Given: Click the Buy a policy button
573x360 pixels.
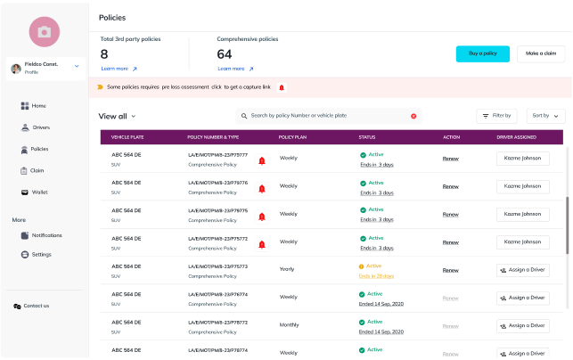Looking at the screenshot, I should coord(482,53).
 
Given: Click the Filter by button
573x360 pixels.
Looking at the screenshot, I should coord(496,116).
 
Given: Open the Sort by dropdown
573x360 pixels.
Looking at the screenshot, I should coord(545,116).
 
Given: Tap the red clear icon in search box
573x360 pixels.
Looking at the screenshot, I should coord(413,116).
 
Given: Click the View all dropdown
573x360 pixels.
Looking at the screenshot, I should coord(117,116).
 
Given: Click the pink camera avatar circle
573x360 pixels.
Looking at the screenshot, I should coord(44,31).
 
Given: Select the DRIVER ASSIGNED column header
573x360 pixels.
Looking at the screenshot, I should coord(517,137).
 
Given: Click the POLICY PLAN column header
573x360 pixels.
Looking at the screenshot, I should coord(294,137).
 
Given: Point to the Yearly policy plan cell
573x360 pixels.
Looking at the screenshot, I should coord(288,268).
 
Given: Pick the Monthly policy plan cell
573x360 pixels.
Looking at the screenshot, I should coord(290,324).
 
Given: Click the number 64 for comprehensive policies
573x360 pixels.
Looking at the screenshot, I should coord(225,54).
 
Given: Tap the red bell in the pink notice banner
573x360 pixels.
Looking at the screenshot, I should coord(282,87).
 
